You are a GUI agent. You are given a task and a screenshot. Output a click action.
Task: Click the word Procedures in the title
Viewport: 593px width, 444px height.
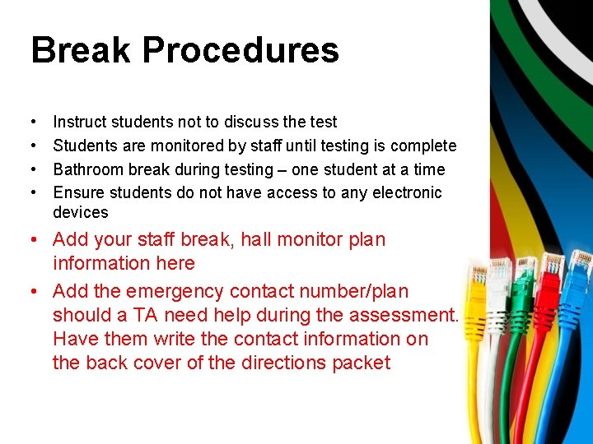coord(240,49)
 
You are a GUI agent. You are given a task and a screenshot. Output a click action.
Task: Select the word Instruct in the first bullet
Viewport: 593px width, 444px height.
coord(79,122)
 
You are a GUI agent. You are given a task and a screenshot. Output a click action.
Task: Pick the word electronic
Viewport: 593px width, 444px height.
coord(403,192)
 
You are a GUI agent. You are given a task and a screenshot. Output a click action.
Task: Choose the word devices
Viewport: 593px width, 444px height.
coord(81,212)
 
